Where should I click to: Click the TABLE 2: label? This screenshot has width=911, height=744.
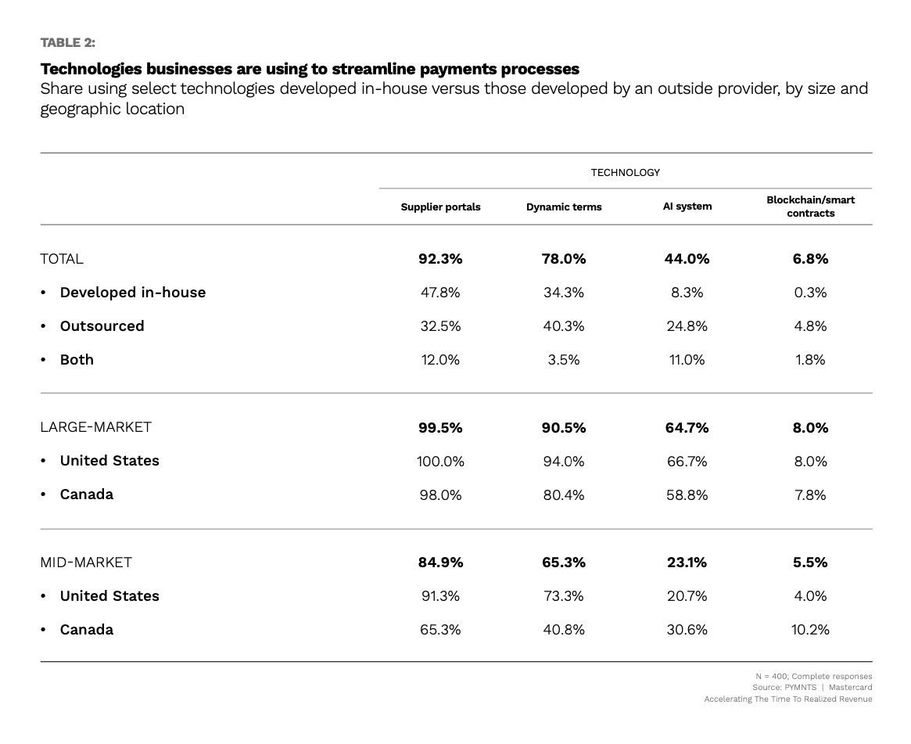coord(67,42)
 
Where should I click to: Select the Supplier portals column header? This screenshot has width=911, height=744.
coord(440,207)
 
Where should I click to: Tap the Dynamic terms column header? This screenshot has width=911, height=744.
coord(564,207)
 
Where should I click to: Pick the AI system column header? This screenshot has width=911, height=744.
coord(687,207)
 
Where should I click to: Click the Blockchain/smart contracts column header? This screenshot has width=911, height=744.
coord(810,207)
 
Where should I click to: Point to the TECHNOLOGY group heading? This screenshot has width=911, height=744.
coord(625,173)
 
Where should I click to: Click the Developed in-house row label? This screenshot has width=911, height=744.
coord(132,293)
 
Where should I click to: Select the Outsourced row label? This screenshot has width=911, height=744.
coord(102,326)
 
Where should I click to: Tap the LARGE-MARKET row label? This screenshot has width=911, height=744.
coord(96,427)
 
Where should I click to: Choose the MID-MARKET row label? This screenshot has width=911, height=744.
coord(86,562)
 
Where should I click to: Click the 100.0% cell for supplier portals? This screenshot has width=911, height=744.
coord(440,462)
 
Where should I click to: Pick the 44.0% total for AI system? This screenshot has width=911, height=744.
coord(687,259)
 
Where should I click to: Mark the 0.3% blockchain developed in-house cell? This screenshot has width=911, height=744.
coord(810,293)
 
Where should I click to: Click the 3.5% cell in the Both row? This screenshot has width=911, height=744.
coord(564,360)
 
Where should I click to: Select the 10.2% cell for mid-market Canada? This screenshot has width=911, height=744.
coord(810,630)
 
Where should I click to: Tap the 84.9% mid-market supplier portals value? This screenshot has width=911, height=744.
coord(440,562)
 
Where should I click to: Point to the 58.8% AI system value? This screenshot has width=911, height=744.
coord(687,495)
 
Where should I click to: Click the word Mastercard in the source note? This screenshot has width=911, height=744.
coord(850,687)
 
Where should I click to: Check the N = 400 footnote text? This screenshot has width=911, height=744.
coord(813,676)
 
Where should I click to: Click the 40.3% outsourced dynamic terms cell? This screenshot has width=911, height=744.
coord(564,326)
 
